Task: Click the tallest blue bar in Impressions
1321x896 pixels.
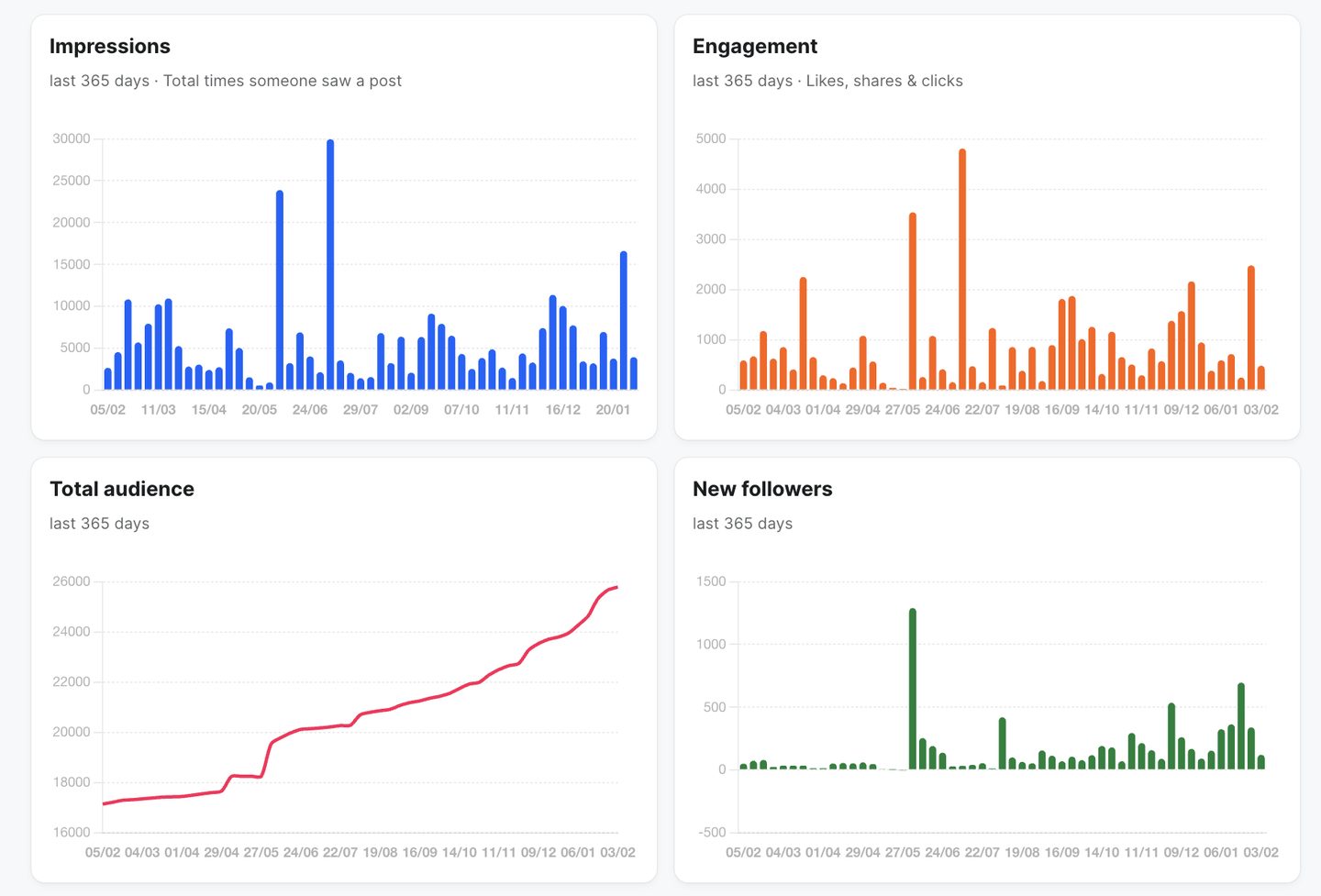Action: [x=330, y=264]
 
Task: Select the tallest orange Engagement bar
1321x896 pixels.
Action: [x=962, y=269]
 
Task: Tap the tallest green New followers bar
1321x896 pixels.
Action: [x=913, y=689]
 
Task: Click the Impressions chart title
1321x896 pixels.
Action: [x=110, y=46]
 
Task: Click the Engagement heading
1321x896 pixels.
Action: [x=755, y=46]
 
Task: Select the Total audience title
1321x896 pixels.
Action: [x=122, y=489]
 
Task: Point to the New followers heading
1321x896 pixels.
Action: [x=762, y=489]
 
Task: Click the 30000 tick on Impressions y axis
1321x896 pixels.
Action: [x=72, y=138]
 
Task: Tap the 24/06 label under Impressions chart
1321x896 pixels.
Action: [x=310, y=410]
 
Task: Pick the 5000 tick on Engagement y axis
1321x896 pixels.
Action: [x=711, y=138]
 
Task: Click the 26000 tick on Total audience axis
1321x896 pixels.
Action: [x=72, y=581]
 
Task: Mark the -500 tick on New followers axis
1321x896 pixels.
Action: [x=712, y=833]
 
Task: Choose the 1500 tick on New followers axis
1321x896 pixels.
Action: [x=711, y=581]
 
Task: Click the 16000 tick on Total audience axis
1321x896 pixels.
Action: [x=72, y=833]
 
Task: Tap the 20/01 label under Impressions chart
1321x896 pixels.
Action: [x=613, y=410]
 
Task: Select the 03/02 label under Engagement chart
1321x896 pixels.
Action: [x=1260, y=410]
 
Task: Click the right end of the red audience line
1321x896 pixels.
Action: [x=616, y=587]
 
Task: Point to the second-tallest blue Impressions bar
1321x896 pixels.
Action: [x=280, y=290]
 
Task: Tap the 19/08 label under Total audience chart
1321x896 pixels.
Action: [x=380, y=852]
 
